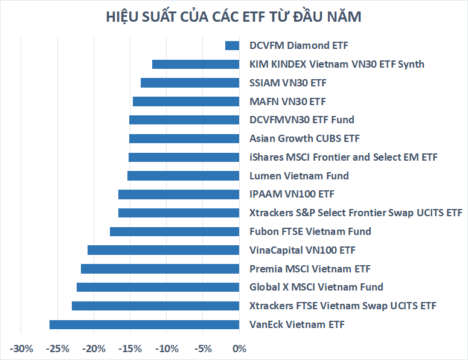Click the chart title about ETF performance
pyautogui.click(x=234, y=17)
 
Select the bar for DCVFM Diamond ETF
pyautogui.click(x=232, y=45)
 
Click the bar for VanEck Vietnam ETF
pyautogui.click(x=144, y=325)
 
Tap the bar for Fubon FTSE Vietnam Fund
pyautogui.click(x=175, y=231)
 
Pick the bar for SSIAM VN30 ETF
pyautogui.click(x=190, y=83)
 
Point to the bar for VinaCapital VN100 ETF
pyautogui.click(x=164, y=250)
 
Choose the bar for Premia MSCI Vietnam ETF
pyautogui.click(x=160, y=269)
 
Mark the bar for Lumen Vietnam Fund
pyautogui.click(x=184, y=176)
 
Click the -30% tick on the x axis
pyautogui.click(x=21, y=349)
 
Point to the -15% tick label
pyautogui.click(x=130, y=349)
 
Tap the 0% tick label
pyautogui.click(x=239, y=349)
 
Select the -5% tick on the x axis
pyautogui.click(x=204, y=349)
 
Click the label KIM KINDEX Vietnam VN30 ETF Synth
pyautogui.click(x=336, y=64)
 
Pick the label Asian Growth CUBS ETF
pyautogui.click(x=304, y=138)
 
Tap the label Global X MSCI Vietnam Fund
pyautogui.click(x=316, y=287)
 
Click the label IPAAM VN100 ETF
pyautogui.click(x=292, y=194)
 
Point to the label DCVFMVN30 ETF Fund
pyautogui.click(x=301, y=120)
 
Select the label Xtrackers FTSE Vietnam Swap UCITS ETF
pyautogui.click(x=342, y=306)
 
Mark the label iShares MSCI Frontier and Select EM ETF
pyautogui.click(x=343, y=157)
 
